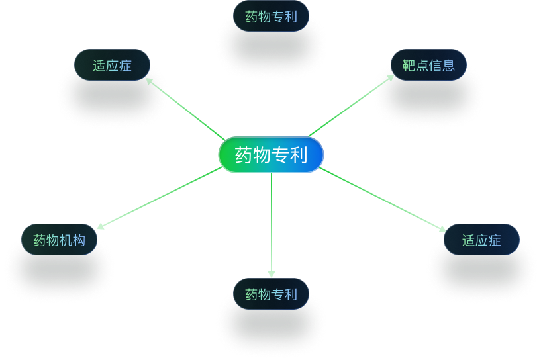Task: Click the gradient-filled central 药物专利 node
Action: pyautogui.click(x=271, y=155)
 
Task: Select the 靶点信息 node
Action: pyautogui.click(x=428, y=65)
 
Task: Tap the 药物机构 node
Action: pyautogui.click(x=60, y=240)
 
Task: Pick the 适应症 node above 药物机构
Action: pyautogui.click(x=112, y=65)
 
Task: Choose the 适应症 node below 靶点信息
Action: pyautogui.click(x=481, y=240)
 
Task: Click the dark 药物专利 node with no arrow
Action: pyautogui.click(x=271, y=16)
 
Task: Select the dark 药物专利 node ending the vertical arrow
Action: pyautogui.click(x=271, y=294)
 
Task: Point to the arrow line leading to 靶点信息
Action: pyautogui.click(x=350, y=106)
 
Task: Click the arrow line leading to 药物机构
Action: pyautogui.click(x=160, y=198)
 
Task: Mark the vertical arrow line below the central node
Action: pyautogui.click(x=271, y=225)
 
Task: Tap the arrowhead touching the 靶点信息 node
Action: pyautogui.click(x=391, y=77)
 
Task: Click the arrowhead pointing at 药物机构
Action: pyautogui.click(x=101, y=226)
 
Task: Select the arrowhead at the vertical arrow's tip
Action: pyautogui.click(x=271, y=274)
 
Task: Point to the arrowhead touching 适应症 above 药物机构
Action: pyautogui.click(x=149, y=81)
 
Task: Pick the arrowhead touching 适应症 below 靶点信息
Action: pyautogui.click(x=442, y=228)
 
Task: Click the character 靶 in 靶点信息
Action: pyautogui.click(x=409, y=65)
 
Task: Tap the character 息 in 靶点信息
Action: pyautogui.click(x=448, y=65)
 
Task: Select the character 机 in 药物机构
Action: pyautogui.click(x=66, y=240)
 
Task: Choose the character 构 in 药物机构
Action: pyautogui.click(x=79, y=240)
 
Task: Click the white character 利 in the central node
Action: pyautogui.click(x=299, y=155)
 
